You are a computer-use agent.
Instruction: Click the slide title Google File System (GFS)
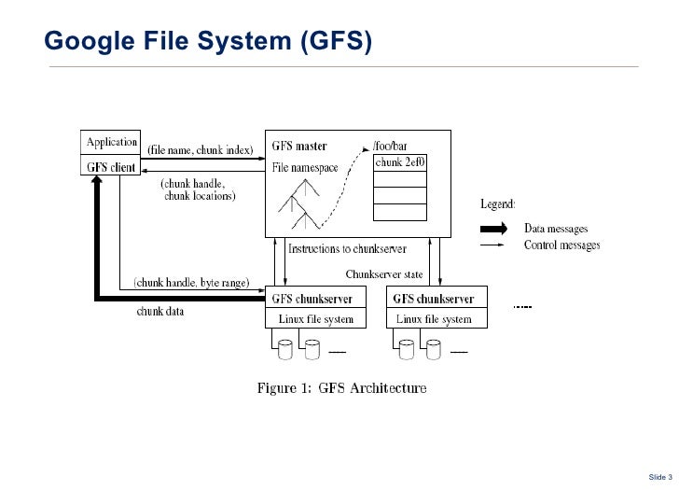point(207,41)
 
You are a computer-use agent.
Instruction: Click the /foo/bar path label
point(390,147)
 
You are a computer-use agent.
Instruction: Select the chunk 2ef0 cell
point(401,162)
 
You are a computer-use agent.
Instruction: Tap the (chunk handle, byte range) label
point(190,281)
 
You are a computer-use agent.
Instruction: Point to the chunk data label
point(160,312)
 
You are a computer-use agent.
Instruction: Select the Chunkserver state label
point(383,274)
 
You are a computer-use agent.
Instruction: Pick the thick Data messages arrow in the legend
point(492,228)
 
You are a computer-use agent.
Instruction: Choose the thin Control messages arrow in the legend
point(492,245)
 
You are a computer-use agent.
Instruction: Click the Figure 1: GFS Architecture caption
point(342,388)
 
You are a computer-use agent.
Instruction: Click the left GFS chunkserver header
point(312,300)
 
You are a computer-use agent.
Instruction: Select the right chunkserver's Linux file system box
point(434,319)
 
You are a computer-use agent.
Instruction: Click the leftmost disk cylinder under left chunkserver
point(285,349)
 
